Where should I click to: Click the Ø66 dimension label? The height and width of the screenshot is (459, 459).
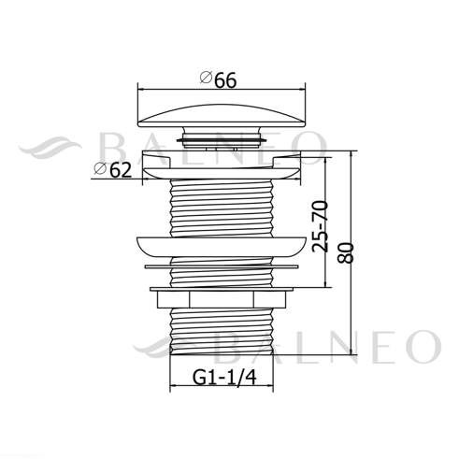[218, 79]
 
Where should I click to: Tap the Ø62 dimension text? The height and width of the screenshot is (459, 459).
[113, 170]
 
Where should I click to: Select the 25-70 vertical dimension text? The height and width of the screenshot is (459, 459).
[321, 226]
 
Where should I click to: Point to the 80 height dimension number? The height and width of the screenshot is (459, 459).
[346, 252]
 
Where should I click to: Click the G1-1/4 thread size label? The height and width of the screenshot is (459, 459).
[224, 378]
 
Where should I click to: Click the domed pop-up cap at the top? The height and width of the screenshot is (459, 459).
[222, 115]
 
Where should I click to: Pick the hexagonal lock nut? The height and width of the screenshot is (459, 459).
[222, 299]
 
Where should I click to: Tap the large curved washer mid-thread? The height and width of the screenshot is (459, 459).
[222, 247]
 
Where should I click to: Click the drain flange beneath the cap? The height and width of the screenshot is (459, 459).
[222, 165]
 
